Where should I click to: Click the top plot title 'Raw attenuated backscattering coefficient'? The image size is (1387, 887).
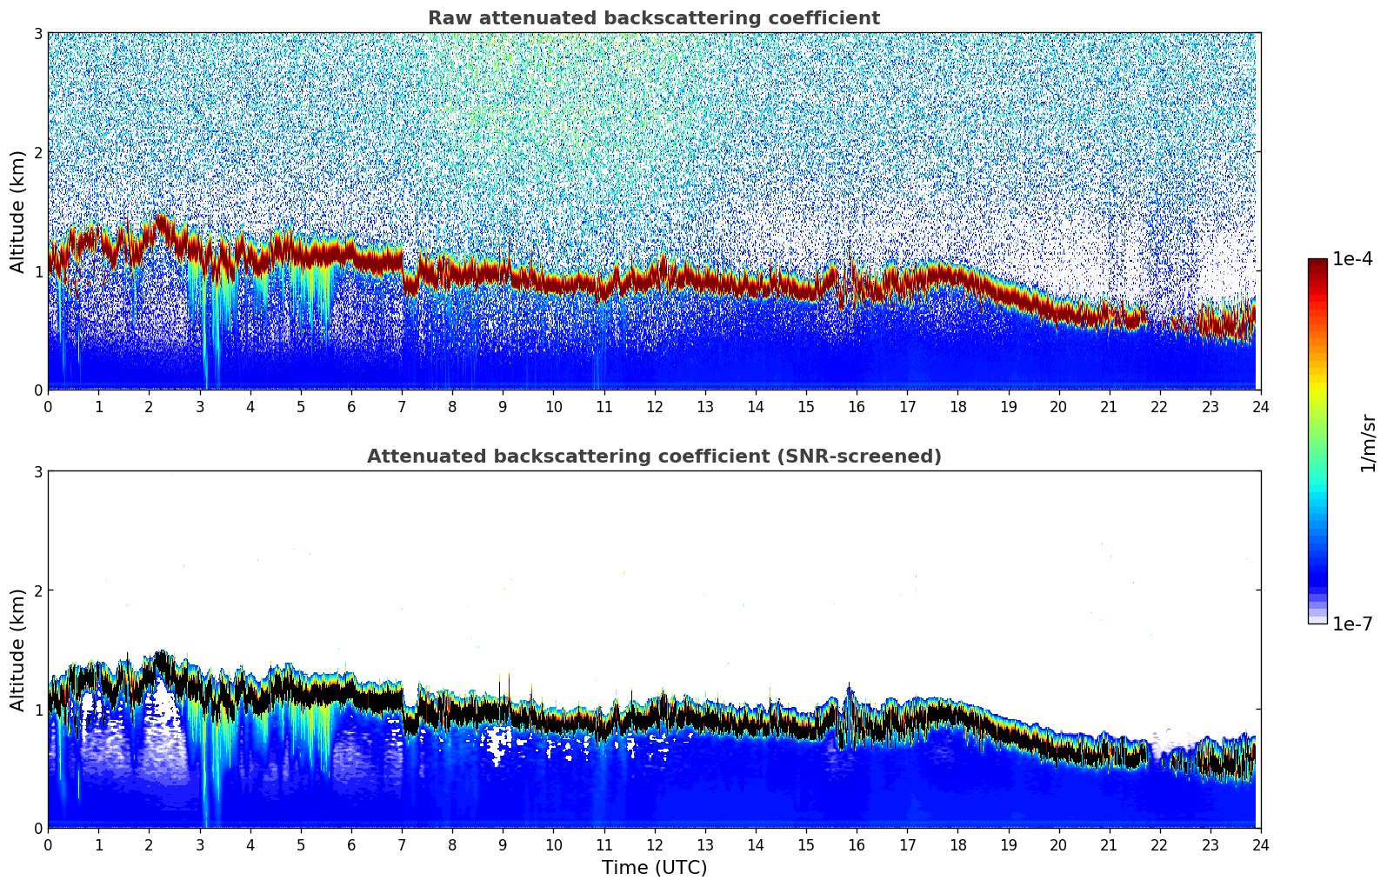(x=653, y=18)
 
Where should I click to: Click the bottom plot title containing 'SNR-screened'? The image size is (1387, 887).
(x=653, y=457)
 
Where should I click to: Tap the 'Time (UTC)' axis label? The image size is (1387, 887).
(x=654, y=868)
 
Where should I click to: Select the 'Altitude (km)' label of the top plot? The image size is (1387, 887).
(x=17, y=211)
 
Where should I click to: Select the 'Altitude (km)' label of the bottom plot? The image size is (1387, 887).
(x=17, y=650)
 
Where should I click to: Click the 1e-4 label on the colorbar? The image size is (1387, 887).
(x=1352, y=259)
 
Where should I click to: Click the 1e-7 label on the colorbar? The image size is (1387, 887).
(x=1352, y=624)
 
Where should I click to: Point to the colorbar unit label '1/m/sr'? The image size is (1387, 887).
(x=1369, y=443)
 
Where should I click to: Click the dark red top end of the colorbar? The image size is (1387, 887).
(x=1317, y=263)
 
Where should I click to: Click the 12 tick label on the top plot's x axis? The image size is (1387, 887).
(x=654, y=407)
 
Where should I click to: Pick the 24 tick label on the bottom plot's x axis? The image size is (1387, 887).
(x=1260, y=845)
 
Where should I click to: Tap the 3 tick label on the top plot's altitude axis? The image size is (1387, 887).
(x=37, y=33)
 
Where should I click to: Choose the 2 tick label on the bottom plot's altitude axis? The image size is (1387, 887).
(x=37, y=590)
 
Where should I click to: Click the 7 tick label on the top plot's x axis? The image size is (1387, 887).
(x=402, y=407)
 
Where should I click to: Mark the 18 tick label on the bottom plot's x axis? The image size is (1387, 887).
(x=957, y=845)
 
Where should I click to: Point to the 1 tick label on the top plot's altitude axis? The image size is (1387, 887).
(x=37, y=271)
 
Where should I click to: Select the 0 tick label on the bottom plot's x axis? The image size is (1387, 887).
(x=48, y=845)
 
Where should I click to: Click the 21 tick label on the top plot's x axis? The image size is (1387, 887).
(x=1109, y=407)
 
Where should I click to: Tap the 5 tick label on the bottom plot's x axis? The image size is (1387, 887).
(x=301, y=845)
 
